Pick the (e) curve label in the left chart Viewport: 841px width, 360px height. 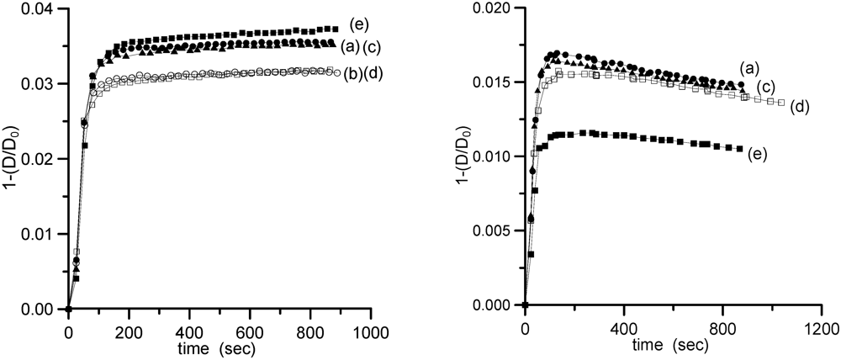click(361, 23)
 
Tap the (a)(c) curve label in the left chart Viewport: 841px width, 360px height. click(363, 44)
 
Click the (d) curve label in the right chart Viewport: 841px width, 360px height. click(799, 107)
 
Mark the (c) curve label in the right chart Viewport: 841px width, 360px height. click(766, 87)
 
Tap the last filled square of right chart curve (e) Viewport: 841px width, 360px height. click(739, 149)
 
